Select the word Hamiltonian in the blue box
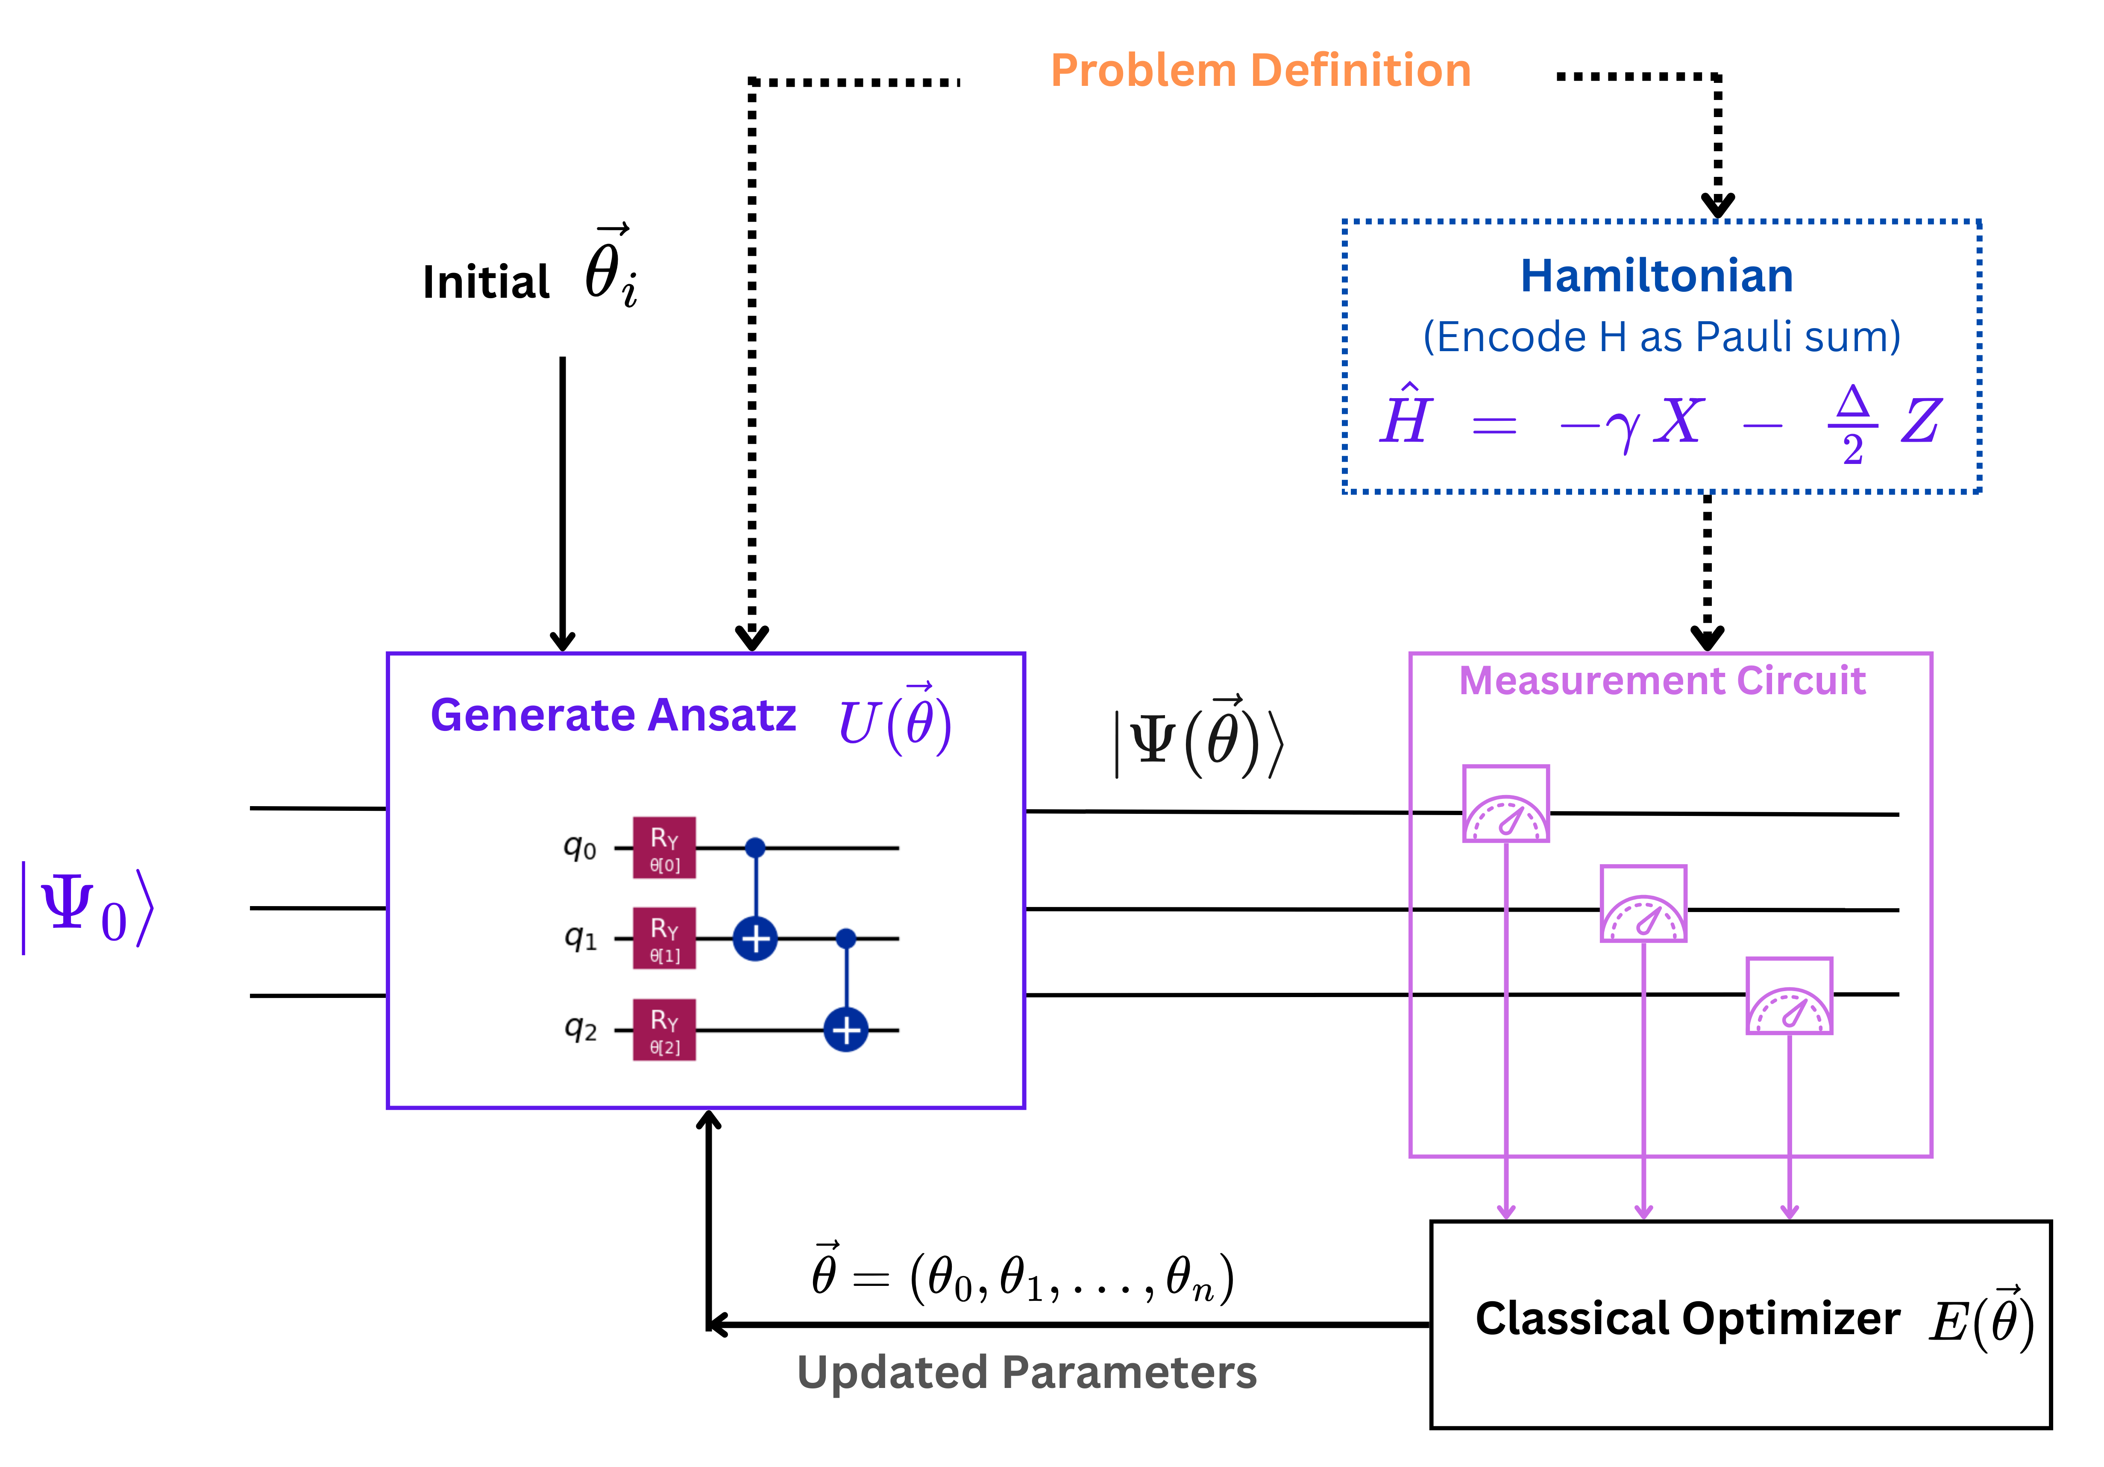pyautogui.click(x=1657, y=276)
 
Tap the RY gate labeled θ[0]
pyautogui.click(x=664, y=848)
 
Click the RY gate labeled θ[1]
pyautogui.click(x=664, y=938)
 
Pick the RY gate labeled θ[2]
pyautogui.click(x=664, y=1030)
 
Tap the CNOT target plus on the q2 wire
pyautogui.click(x=846, y=1030)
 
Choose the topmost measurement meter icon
pyautogui.click(x=1505, y=804)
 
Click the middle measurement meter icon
pyautogui.click(x=1643, y=904)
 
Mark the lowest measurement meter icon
pyautogui.click(x=1789, y=996)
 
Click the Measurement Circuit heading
pyautogui.click(x=1662, y=681)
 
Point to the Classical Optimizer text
pyautogui.click(x=1687, y=1320)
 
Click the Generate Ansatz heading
pyautogui.click(x=613, y=715)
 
